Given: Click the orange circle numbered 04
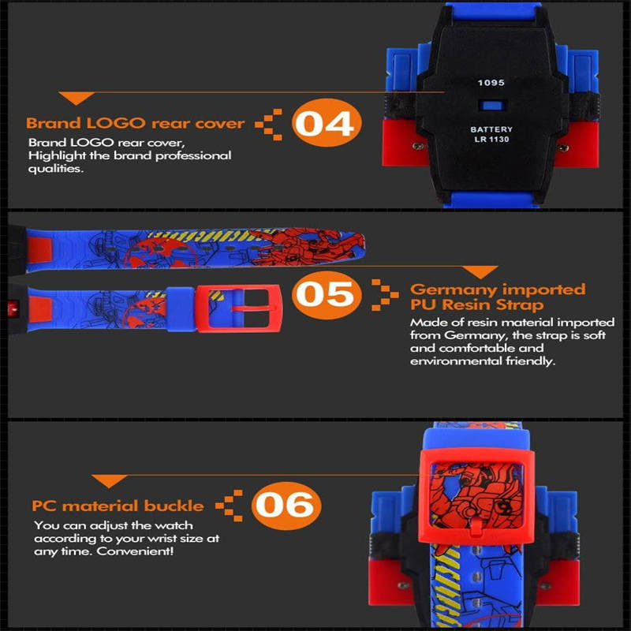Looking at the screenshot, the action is point(327,123).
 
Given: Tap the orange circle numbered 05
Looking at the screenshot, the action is point(327,294).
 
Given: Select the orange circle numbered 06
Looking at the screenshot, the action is point(286,506).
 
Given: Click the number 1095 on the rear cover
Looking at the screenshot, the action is point(491,83).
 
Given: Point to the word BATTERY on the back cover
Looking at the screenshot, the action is point(491,129).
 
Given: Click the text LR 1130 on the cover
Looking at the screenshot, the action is point(491,140).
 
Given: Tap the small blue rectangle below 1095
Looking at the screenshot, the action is point(492,106).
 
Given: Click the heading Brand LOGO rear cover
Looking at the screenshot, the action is point(135,123).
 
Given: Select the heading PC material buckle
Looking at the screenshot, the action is point(118,506).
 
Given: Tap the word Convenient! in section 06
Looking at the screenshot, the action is point(135,551).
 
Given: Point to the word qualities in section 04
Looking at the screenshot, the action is point(55,169).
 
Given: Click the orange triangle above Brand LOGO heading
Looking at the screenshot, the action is point(77,98).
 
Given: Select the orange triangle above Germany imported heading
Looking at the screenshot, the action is point(480,272).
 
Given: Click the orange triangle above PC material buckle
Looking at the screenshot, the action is point(110,481).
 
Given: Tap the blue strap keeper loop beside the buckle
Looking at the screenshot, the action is point(181,309).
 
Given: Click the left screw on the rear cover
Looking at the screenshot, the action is point(419,146).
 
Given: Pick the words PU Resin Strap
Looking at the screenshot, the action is point(477,304).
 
